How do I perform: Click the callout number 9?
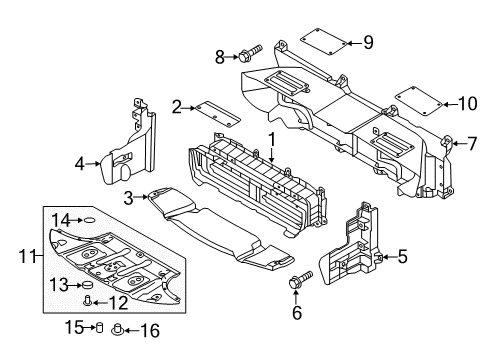368,43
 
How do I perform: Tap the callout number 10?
468,103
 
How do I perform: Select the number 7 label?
472,144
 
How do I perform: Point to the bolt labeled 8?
250,53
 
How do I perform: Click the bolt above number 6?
300,279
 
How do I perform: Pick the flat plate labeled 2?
218,114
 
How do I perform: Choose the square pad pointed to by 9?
324,42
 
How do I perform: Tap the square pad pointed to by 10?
419,101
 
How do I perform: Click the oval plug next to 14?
90,220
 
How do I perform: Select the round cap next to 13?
88,285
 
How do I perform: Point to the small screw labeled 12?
88,301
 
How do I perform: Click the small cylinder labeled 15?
99,328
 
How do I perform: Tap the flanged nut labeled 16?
117,329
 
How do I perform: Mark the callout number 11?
27,256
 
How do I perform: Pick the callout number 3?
129,198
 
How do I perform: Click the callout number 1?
272,140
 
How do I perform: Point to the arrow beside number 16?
131,331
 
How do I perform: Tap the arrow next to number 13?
76,285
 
